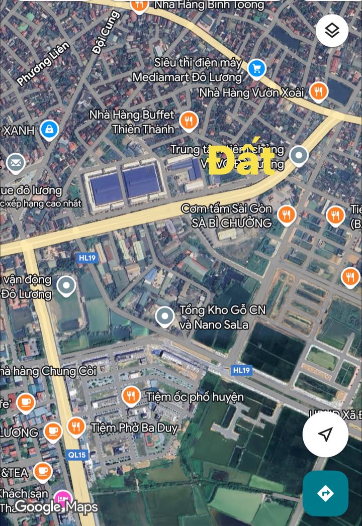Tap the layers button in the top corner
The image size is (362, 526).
(x=332, y=31)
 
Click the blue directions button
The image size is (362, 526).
(x=325, y=493)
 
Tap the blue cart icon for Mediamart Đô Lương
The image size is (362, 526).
(x=257, y=68)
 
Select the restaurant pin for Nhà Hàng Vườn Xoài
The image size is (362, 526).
(x=318, y=91)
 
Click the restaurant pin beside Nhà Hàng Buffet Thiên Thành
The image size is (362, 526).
(x=189, y=121)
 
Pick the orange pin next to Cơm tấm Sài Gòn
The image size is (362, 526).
(x=286, y=215)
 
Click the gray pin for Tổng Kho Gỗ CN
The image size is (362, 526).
(x=164, y=317)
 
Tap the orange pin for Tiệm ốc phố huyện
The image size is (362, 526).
(x=131, y=395)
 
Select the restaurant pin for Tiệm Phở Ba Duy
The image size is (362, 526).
(x=76, y=427)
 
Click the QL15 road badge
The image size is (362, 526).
(x=76, y=455)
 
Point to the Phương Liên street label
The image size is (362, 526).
(x=43, y=63)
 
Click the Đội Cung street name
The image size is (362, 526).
(x=106, y=33)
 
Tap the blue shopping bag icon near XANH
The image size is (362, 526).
(x=49, y=130)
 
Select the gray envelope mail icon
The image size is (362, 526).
(x=16, y=163)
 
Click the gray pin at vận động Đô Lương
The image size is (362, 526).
(x=66, y=286)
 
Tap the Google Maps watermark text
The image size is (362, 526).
(x=56, y=507)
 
